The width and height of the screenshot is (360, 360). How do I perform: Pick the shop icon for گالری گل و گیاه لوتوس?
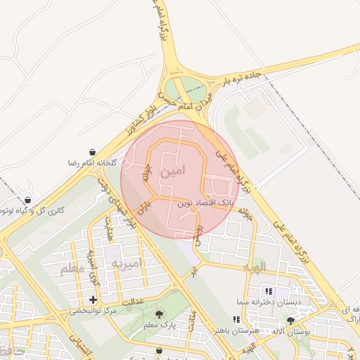coord(27,200)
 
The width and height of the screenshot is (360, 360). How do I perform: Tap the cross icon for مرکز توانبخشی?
coord(93,300)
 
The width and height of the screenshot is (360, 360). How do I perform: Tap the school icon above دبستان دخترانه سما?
coord(268,291)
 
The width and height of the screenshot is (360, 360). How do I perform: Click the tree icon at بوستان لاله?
coord(291,321)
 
